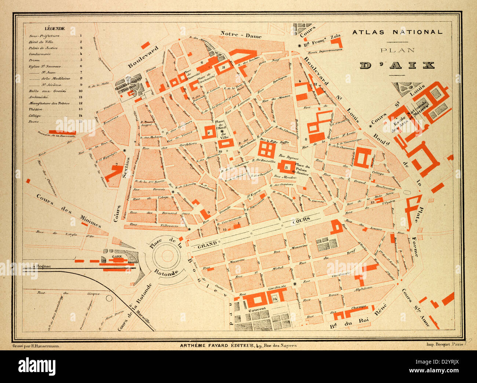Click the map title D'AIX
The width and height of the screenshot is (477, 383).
tap(397, 65)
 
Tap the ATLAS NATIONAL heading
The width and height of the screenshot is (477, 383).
tap(397, 32)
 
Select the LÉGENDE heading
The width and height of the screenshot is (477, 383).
tap(55, 28)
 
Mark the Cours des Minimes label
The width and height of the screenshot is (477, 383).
tap(68, 211)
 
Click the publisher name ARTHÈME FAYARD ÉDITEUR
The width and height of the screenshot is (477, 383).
tap(214, 345)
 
